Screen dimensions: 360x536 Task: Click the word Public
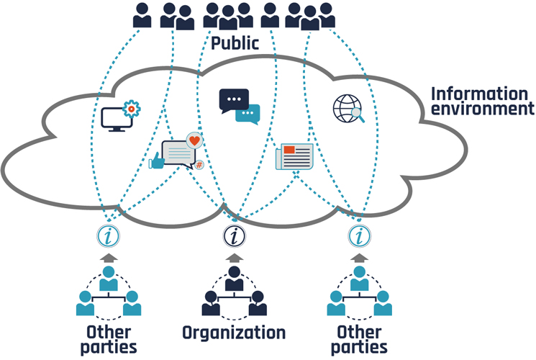pos(235,43)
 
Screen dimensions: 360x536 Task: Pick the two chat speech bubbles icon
pos(239,106)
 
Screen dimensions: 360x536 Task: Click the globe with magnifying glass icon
pos(349,109)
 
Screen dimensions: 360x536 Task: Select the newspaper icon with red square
pos(294,156)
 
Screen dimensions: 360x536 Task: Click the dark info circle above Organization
pos(234,235)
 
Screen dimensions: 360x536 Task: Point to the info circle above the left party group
pos(109,235)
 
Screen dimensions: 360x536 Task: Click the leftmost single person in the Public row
pos(142,15)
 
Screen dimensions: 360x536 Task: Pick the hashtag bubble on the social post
pos(199,165)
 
